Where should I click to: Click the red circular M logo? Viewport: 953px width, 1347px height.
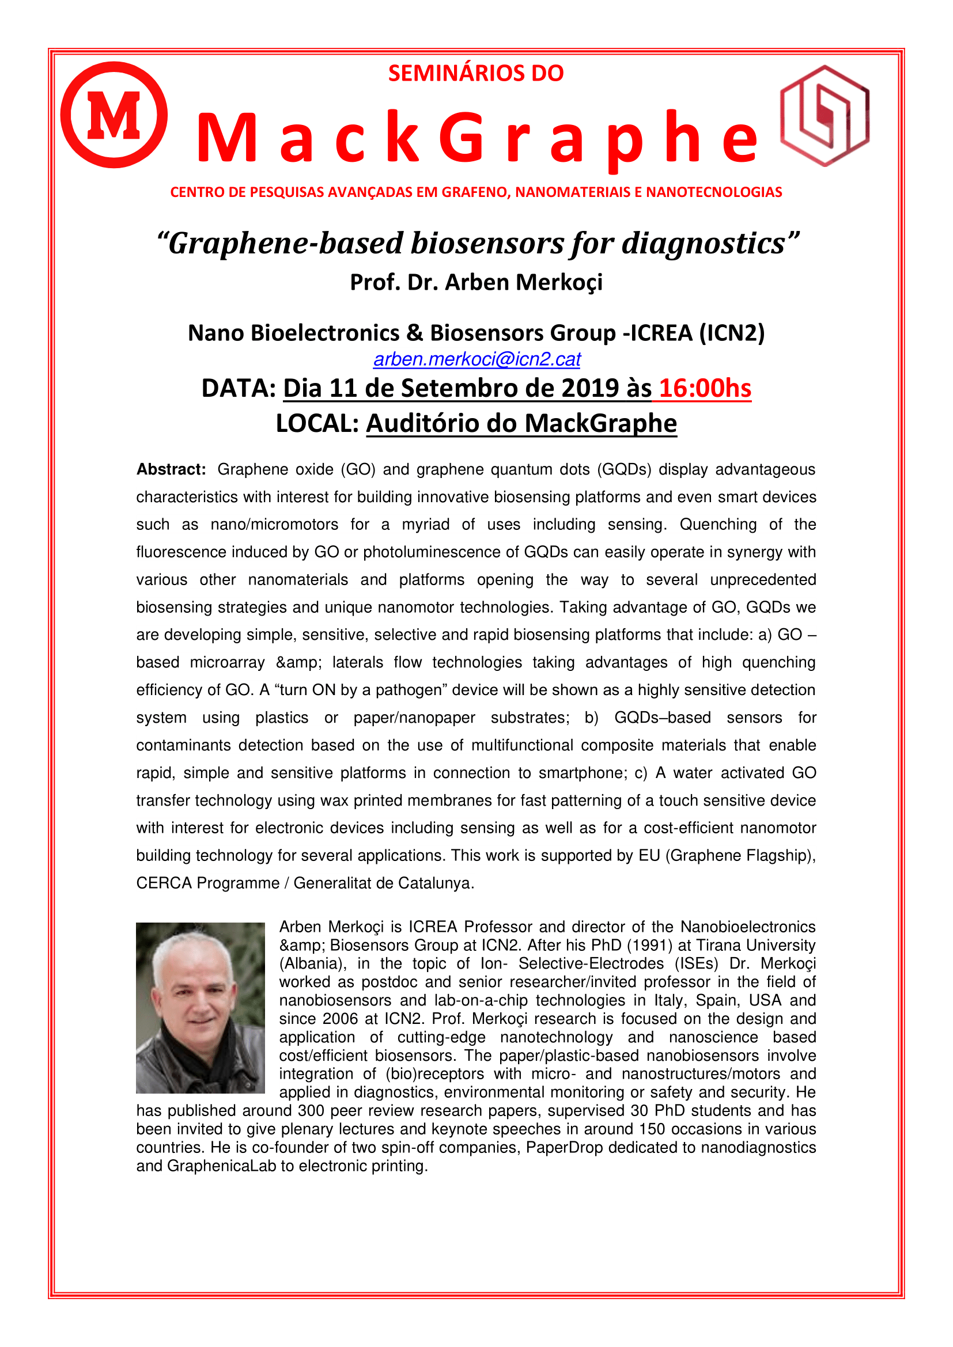click(114, 115)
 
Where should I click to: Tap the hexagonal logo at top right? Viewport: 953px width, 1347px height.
click(825, 116)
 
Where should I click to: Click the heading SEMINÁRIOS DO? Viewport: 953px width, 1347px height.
click(476, 73)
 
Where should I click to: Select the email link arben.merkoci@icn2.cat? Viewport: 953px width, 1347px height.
click(477, 359)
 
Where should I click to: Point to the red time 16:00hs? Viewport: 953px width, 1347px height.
click(705, 388)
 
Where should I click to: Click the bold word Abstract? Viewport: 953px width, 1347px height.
click(171, 469)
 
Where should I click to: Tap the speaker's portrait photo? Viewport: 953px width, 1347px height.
click(200, 1007)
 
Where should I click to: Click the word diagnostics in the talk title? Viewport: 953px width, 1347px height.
click(703, 244)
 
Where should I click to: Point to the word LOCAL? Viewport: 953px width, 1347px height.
click(317, 423)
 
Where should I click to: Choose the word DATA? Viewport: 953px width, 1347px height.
click(239, 388)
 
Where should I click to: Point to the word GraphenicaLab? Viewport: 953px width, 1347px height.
click(221, 1166)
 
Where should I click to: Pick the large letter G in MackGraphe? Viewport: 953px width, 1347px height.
click(463, 138)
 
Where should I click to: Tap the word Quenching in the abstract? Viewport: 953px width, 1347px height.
click(718, 525)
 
